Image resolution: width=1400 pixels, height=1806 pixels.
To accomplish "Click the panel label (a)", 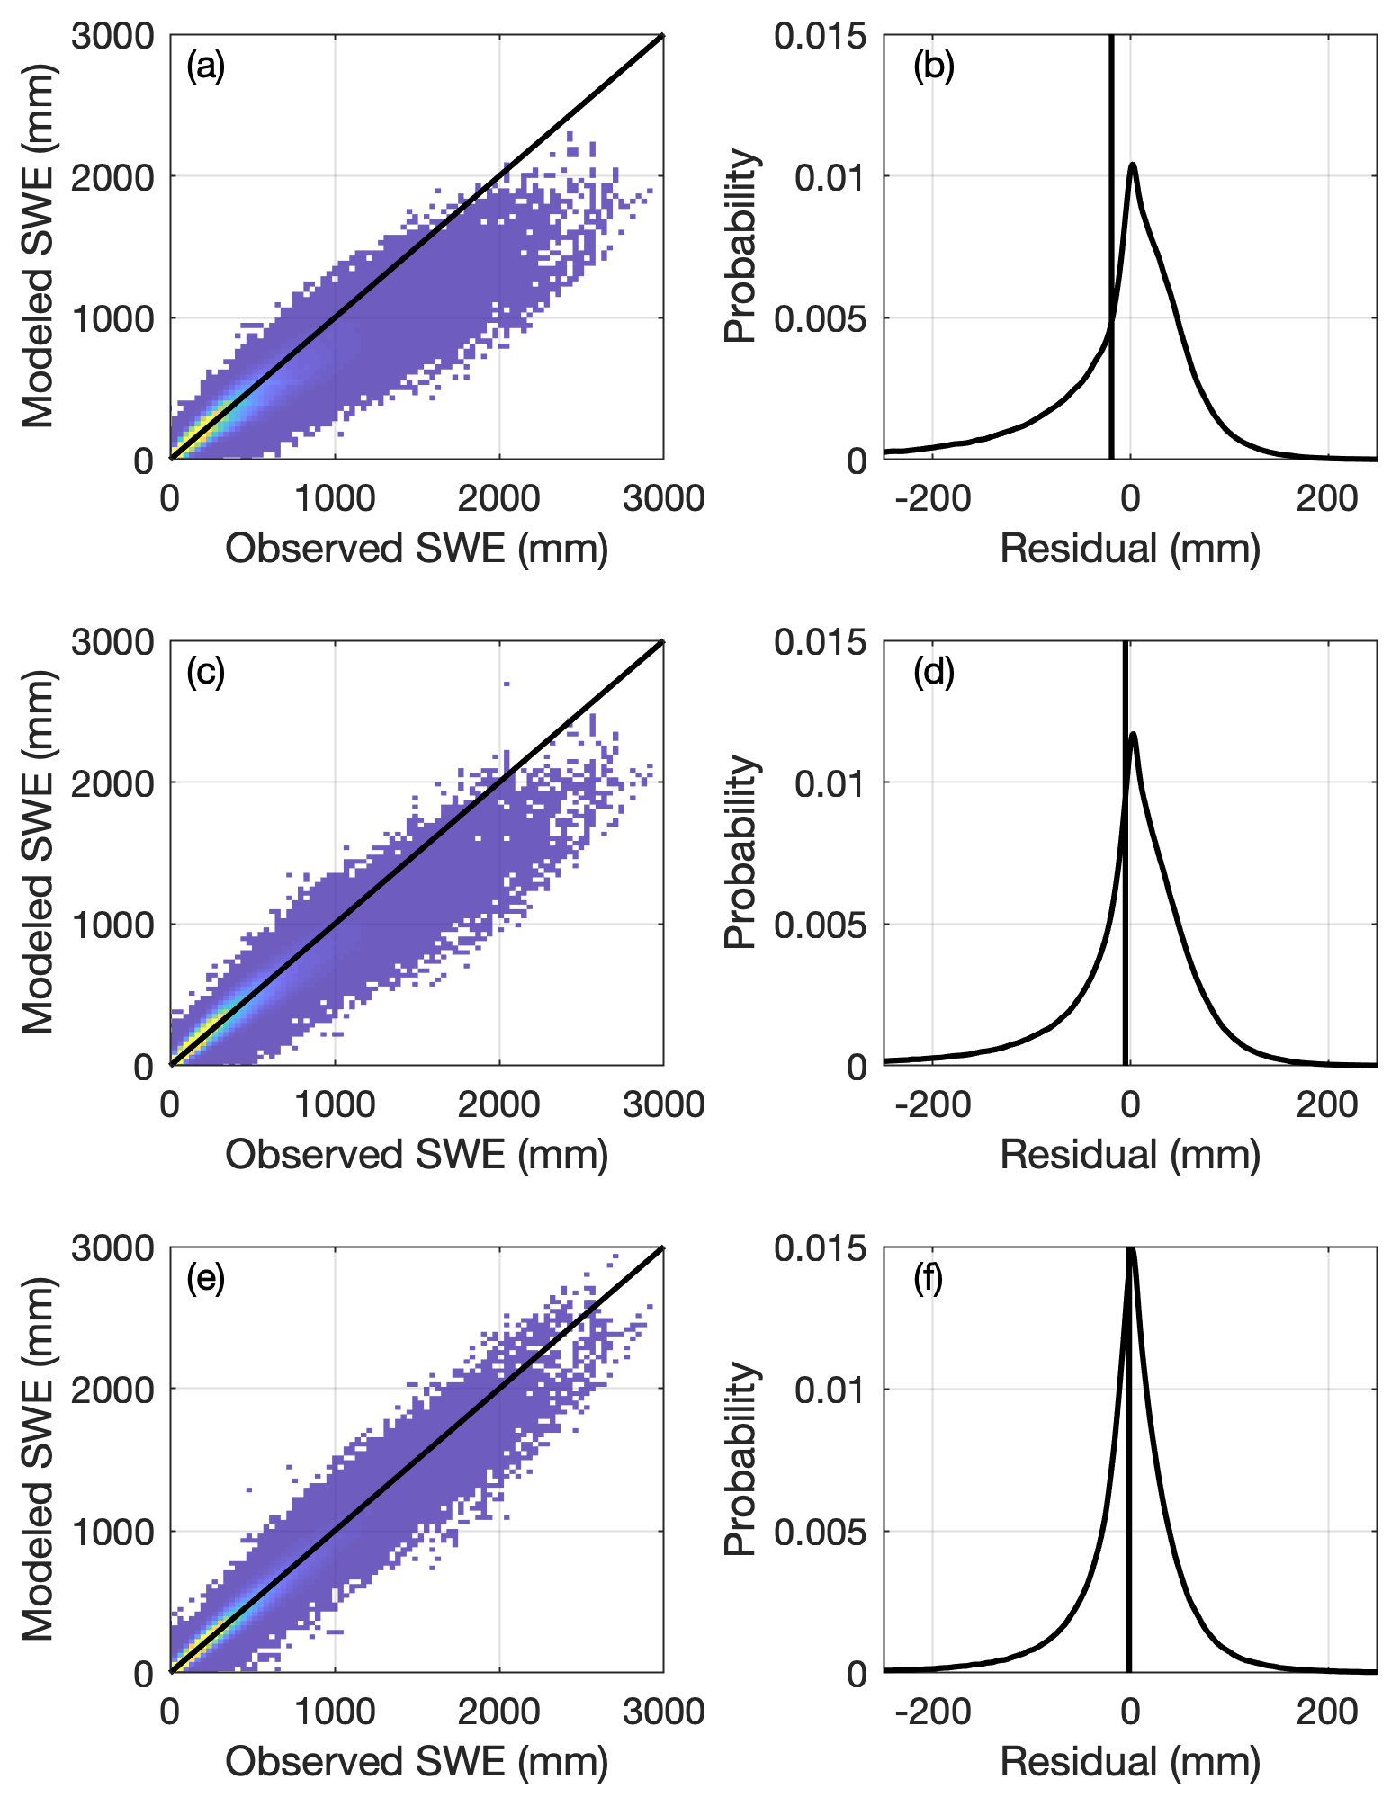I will (x=205, y=67).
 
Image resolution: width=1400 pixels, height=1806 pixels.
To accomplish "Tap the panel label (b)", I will (x=933, y=67).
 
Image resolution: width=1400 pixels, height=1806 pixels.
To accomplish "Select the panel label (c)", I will (x=205, y=672).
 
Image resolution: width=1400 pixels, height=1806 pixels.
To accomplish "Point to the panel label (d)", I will (x=933, y=672).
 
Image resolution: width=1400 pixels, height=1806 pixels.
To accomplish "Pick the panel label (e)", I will (x=205, y=1278).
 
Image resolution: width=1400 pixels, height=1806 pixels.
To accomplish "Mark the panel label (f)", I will (x=928, y=1278).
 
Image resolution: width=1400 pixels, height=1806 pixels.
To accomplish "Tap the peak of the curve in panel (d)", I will (x=1133, y=734).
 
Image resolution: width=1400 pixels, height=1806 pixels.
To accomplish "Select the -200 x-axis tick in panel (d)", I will (x=933, y=1104).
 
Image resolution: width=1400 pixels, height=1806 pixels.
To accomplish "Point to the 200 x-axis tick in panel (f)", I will (x=1327, y=1710).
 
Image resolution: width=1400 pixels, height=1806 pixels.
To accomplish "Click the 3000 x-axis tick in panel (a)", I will (x=663, y=497).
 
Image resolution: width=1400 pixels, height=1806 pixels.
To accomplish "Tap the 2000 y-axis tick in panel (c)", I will (x=113, y=783).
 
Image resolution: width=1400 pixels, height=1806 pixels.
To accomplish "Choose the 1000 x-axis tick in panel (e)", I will (x=335, y=1710).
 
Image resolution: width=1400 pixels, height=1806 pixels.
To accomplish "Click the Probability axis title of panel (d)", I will (x=740, y=852).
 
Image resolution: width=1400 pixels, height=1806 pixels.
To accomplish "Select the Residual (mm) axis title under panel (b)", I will (x=1130, y=548).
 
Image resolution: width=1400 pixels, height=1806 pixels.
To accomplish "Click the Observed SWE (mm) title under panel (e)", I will (x=417, y=1761).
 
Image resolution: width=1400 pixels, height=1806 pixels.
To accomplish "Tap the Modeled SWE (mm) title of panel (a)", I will (x=38, y=246).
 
